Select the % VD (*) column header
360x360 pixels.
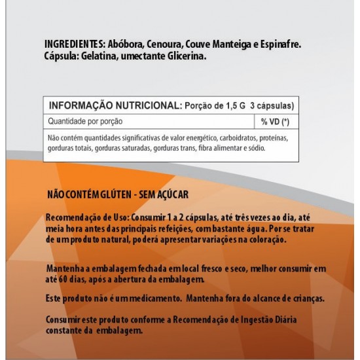274,122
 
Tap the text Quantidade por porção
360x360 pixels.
86,122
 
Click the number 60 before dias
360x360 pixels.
67,279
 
